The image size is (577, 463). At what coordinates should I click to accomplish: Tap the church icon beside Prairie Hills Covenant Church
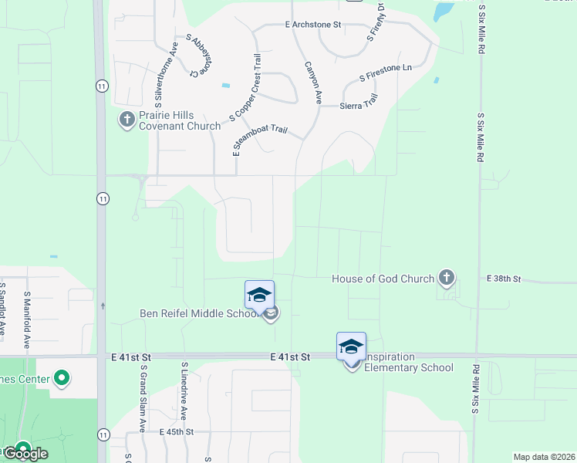coord(127,119)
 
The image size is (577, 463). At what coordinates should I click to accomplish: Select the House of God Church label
coord(383,279)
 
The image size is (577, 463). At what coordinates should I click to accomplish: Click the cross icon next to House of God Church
coord(446,277)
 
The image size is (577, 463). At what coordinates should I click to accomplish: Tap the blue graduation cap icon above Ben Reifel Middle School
coord(259,295)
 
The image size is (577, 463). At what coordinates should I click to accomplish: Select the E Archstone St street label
coord(312,25)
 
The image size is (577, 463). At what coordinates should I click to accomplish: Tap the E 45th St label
coord(177,432)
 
